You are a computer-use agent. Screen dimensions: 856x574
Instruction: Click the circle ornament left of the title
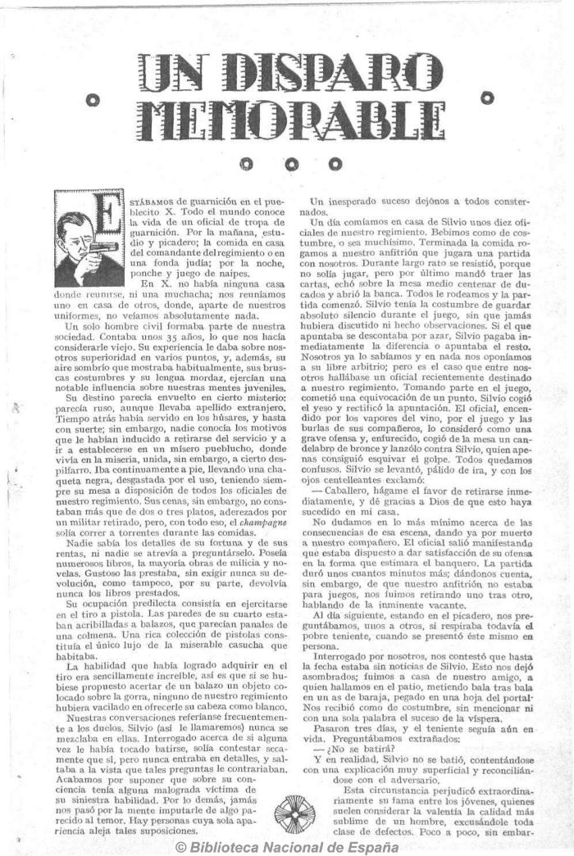coord(93,101)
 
